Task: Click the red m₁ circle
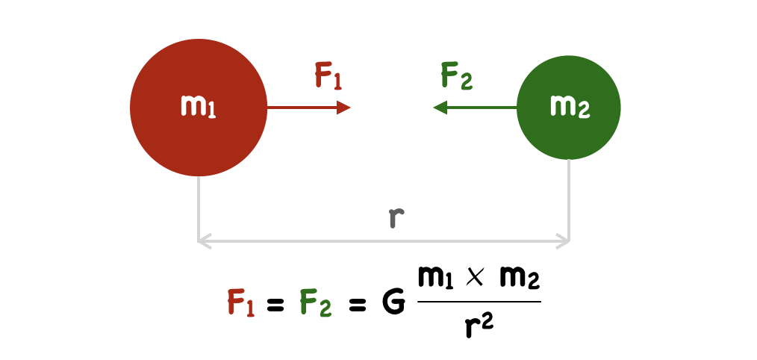[198, 108]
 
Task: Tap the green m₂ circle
[569, 108]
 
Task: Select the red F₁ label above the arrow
[328, 77]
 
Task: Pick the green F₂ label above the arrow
[456, 77]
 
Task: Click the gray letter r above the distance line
[396, 217]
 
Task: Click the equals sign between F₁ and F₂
[278, 304]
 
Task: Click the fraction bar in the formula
[479, 302]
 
